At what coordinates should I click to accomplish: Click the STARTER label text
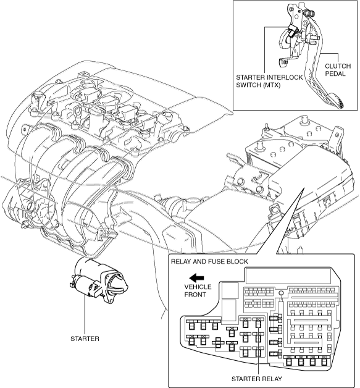85,339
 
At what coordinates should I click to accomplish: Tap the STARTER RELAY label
257,379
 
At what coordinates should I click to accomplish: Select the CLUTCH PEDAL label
338,70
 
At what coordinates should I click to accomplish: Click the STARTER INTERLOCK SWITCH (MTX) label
269,81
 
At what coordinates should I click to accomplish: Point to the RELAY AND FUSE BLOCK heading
209,261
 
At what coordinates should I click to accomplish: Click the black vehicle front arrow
196,278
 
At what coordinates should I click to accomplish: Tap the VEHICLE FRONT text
198,291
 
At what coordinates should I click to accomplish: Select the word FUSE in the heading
217,261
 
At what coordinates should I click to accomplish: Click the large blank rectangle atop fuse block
288,276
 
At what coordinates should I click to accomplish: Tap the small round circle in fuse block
280,293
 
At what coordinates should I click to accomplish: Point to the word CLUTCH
338,66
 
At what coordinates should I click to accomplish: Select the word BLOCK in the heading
237,261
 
